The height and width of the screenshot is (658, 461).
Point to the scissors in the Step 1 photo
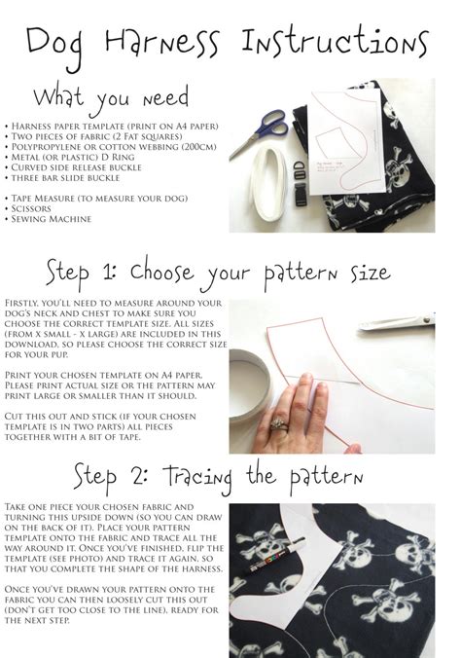pos(399,322)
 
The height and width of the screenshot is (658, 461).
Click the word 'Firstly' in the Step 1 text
pos(26,304)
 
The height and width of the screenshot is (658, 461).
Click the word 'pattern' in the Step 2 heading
pos(317,478)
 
